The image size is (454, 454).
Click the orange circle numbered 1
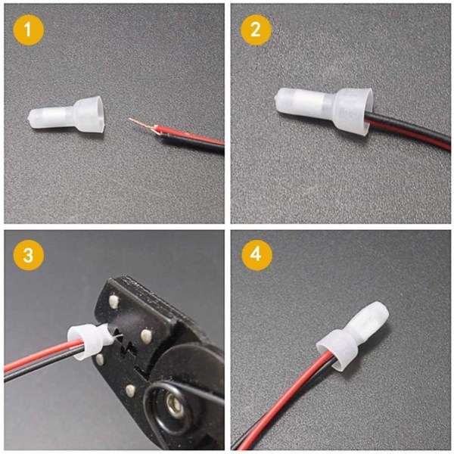[29, 30]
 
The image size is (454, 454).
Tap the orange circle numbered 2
[256, 30]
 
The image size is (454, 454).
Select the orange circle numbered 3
[29, 255]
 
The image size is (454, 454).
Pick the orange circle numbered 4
[257, 255]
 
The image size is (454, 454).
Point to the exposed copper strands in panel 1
[142, 125]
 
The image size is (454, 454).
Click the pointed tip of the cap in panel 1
[30, 118]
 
